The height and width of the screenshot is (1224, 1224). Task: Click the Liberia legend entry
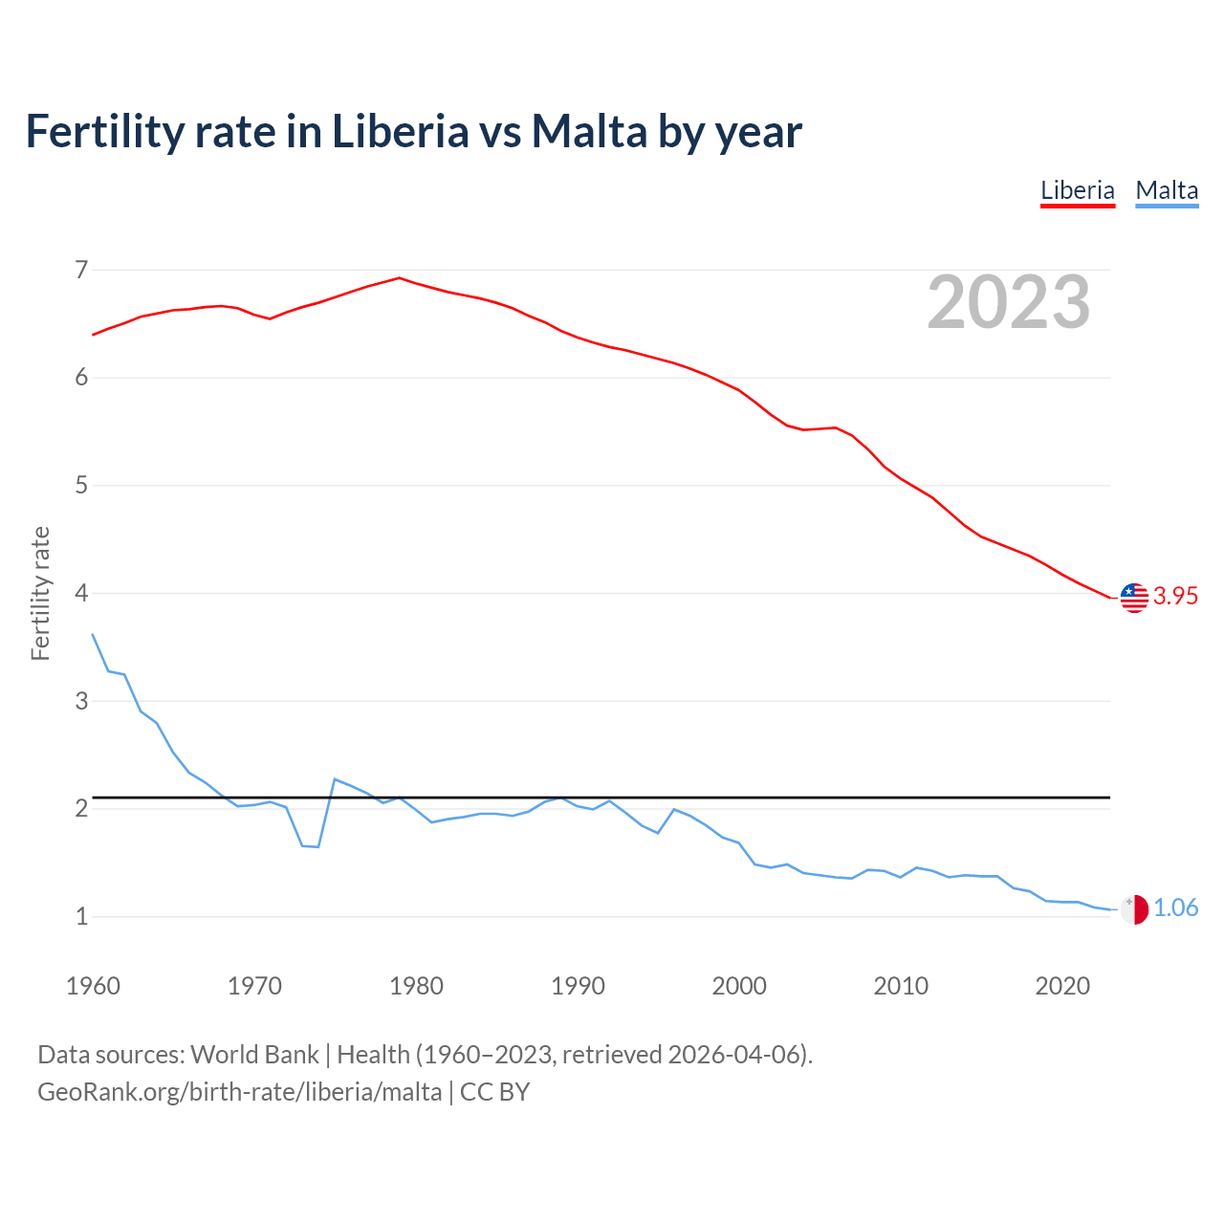click(1078, 190)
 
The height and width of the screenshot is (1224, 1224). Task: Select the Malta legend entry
click(1167, 190)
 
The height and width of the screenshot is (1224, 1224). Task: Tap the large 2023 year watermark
click(1009, 302)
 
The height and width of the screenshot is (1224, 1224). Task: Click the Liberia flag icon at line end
click(1134, 597)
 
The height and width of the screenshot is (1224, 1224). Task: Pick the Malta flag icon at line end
click(1134, 909)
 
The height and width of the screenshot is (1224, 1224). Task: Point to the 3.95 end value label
click(1175, 597)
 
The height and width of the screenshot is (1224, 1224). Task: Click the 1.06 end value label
click(1175, 908)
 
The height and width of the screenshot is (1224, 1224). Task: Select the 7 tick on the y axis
click(81, 270)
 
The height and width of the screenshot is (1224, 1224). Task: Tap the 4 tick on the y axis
click(81, 593)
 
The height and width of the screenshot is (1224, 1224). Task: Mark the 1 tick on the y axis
click(81, 916)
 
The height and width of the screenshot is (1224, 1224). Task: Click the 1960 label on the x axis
click(93, 986)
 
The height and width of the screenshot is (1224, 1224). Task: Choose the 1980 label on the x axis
click(416, 986)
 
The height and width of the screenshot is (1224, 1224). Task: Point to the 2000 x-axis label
click(739, 986)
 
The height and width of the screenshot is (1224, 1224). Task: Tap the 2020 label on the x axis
click(1062, 986)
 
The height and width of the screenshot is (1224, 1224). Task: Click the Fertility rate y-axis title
click(40, 593)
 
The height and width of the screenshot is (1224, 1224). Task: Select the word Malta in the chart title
click(589, 132)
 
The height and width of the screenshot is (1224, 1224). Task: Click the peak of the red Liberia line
click(399, 278)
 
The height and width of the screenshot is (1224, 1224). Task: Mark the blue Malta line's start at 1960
click(93, 634)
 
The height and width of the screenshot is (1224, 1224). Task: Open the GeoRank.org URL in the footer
click(239, 1092)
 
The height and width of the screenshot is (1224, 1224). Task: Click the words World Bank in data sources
click(254, 1055)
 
